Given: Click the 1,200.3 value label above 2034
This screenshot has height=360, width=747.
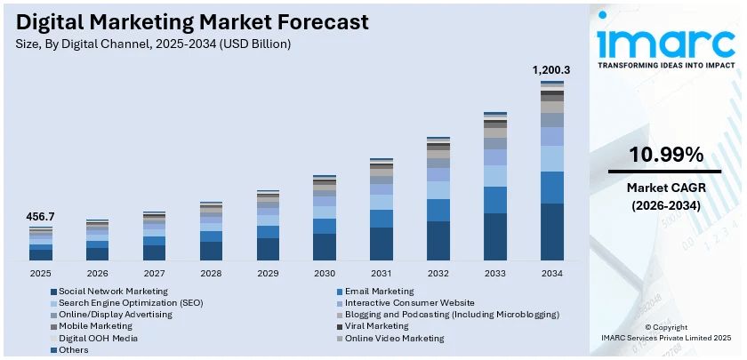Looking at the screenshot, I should [x=551, y=69].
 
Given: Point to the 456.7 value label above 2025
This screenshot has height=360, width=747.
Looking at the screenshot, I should [x=40, y=217].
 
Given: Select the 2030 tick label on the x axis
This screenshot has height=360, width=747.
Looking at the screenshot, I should [x=325, y=273].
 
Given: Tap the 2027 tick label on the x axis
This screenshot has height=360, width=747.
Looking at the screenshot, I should [x=154, y=273].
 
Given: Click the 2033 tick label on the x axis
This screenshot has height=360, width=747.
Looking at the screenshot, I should [x=495, y=273].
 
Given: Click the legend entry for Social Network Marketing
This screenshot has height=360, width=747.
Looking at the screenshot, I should [x=113, y=292].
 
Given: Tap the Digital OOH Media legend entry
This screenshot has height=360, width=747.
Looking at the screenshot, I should [x=98, y=338].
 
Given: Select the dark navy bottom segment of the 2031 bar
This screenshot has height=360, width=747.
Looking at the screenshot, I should [x=382, y=244].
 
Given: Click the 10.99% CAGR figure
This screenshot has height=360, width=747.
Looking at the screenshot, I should [x=665, y=155].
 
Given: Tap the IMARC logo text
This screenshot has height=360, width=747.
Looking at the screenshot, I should [x=665, y=42].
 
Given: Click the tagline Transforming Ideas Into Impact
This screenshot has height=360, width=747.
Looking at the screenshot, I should [x=665, y=66].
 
